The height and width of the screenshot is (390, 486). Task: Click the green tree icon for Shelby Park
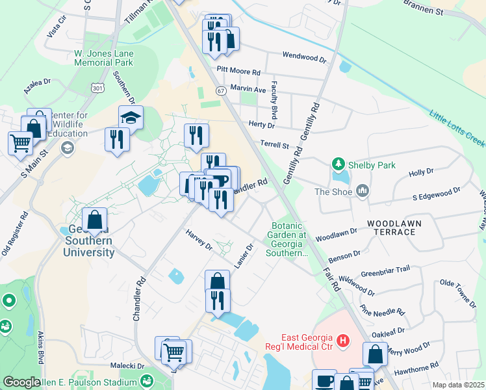point(337,163)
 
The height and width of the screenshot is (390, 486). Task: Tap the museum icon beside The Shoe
point(362,191)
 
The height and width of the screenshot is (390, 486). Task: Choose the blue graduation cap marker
point(131,118)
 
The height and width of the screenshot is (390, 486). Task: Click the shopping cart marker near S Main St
point(20,142)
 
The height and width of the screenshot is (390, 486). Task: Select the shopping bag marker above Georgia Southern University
point(95,220)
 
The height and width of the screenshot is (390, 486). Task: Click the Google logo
point(21,382)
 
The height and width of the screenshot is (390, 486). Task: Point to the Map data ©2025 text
point(459,385)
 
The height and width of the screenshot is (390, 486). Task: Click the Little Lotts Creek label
point(457,127)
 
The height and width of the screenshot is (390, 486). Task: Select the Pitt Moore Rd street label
point(238,72)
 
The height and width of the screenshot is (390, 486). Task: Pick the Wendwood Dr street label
point(304,58)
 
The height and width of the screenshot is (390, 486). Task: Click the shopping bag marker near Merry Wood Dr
point(376,355)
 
